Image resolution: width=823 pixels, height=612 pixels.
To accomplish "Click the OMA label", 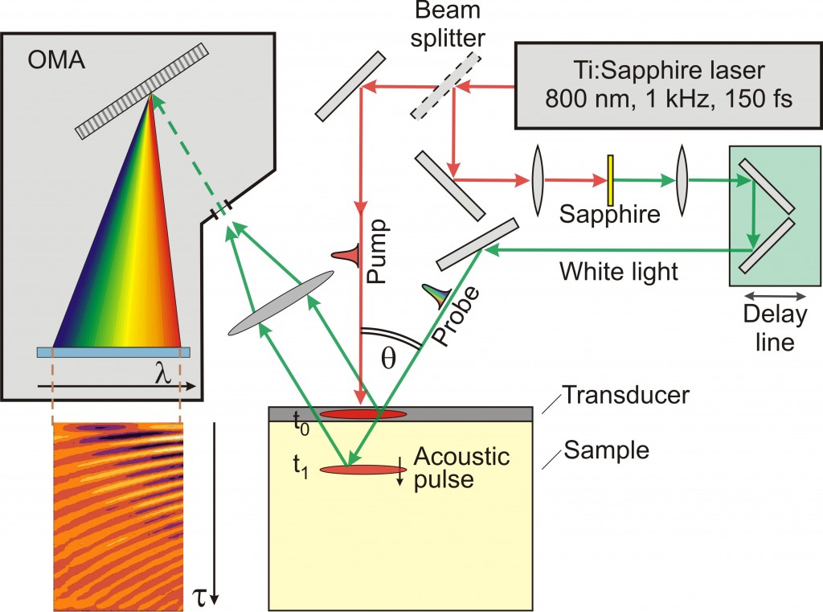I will pos(55,61).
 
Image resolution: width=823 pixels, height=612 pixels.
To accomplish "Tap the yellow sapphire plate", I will pos(610,182).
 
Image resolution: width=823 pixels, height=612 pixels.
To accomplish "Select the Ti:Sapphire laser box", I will pos(668,86).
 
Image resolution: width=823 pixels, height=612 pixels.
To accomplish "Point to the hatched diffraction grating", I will pos(141,89).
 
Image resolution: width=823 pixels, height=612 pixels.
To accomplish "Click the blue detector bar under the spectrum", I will pos(113,351).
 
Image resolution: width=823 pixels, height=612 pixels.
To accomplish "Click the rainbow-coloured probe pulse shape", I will pos(438,298).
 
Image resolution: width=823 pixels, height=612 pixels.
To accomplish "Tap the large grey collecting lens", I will pos(280,303).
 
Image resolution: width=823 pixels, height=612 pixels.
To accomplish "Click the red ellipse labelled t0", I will pos(362,414).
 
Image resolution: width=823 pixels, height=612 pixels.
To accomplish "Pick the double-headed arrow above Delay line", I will pos(774,297).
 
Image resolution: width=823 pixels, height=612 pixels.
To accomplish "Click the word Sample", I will pos(596,450).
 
